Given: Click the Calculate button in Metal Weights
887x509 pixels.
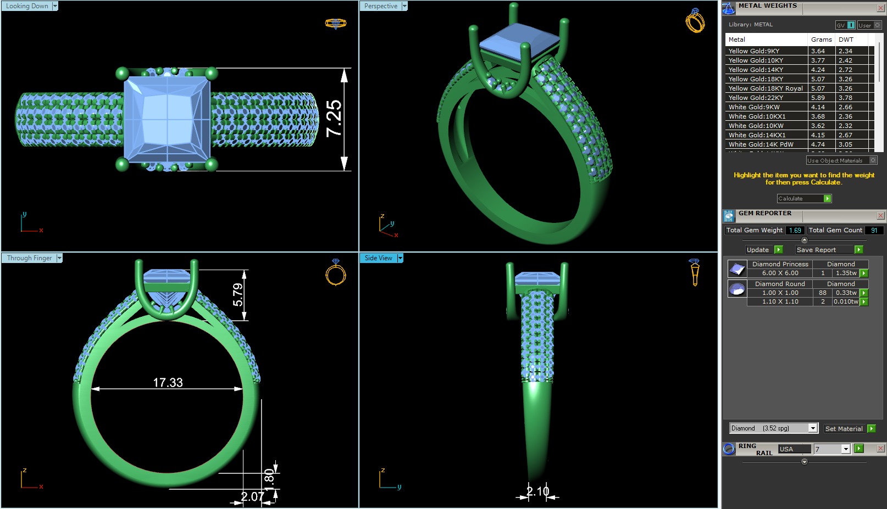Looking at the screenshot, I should pos(803,198).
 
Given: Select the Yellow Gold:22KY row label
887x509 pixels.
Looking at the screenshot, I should pos(756,98).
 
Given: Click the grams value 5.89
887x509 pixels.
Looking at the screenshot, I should pos(818,98).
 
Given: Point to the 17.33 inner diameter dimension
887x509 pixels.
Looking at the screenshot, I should pos(168,383).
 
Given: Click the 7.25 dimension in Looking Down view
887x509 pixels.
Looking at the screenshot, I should pos(334,119).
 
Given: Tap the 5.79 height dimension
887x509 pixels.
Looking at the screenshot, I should pos(238,294).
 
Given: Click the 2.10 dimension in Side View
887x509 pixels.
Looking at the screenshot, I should pos(537,491).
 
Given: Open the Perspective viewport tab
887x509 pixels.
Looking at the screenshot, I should pos(381,6).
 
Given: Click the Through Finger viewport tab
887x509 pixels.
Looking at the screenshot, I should pos(30,258).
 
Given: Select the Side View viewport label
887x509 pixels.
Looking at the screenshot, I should pos(379,258).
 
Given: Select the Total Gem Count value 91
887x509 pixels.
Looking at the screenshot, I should pos(874,231).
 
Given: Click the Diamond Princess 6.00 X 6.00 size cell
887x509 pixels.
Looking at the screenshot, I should pos(780,273).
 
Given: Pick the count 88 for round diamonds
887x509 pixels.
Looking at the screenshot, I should pos(823,293).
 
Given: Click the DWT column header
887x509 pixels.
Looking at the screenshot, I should pos(846,40).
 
